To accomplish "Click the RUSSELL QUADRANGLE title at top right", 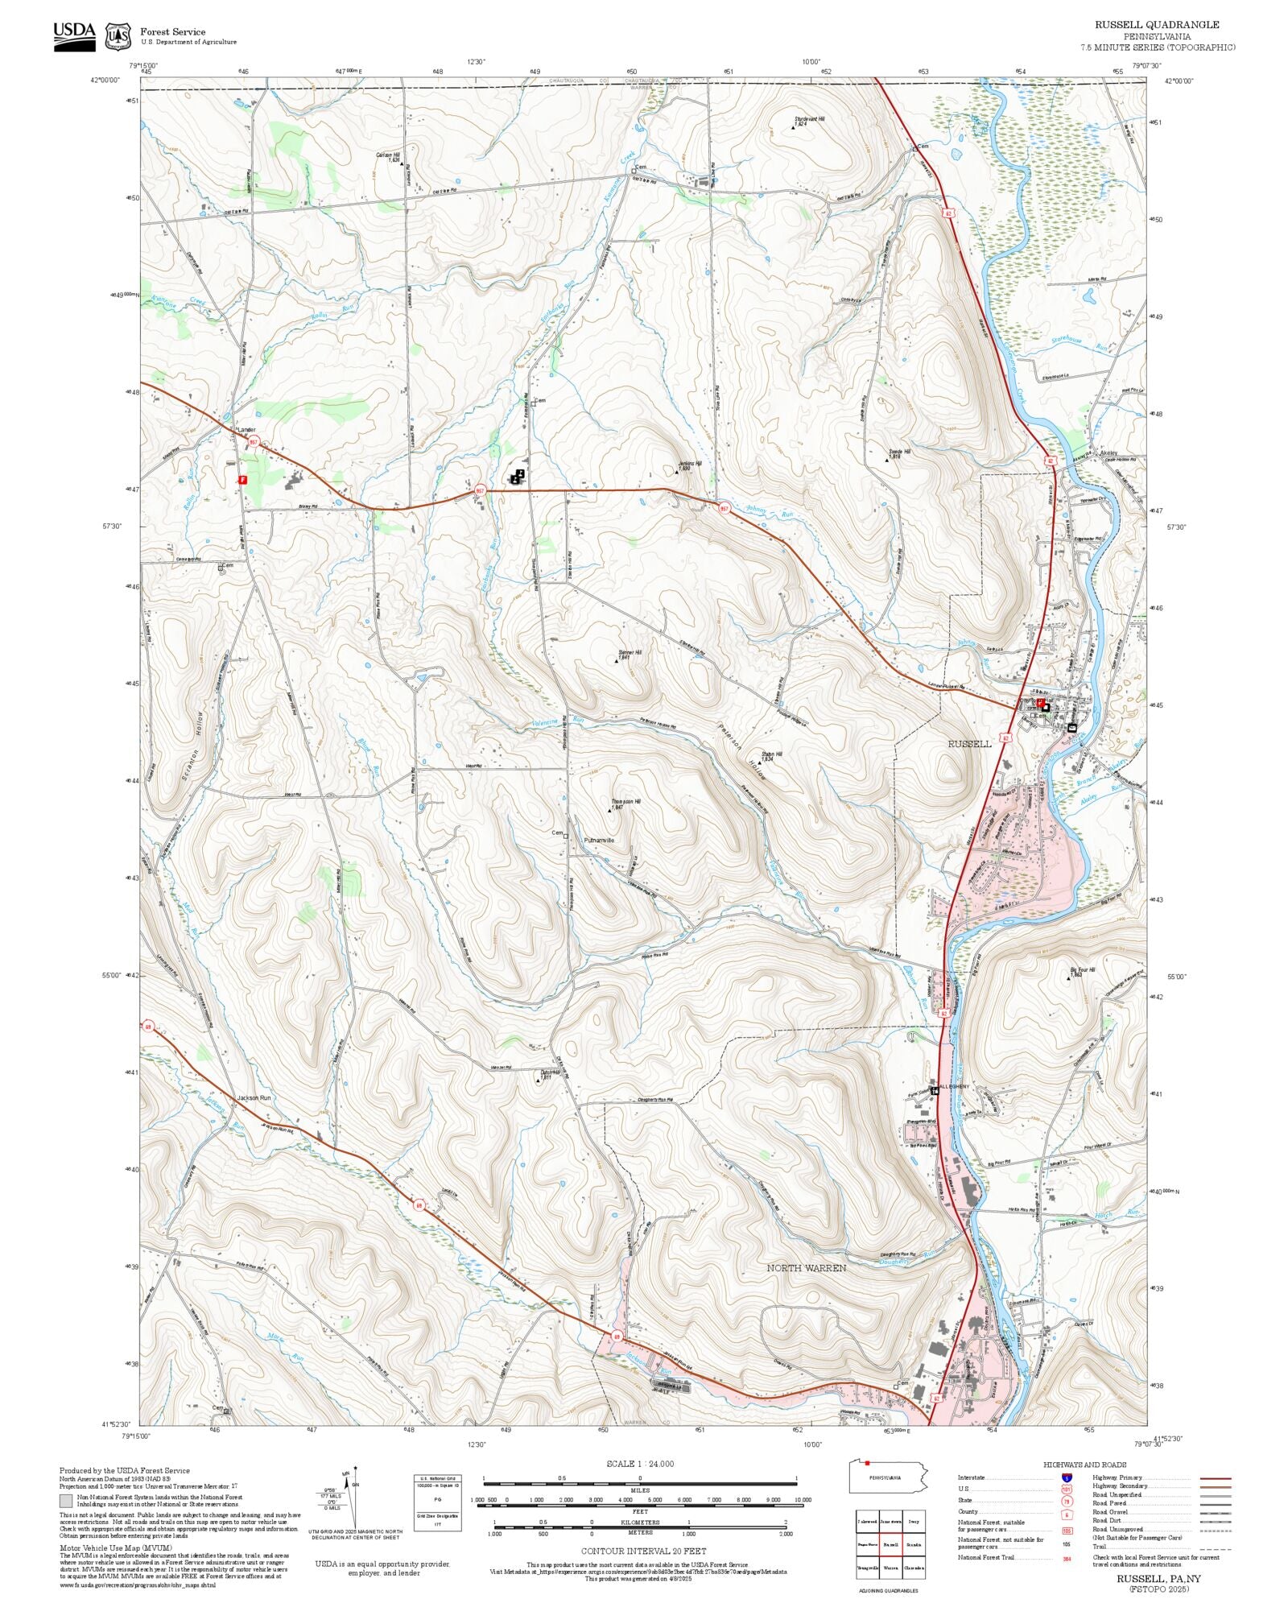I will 1156,25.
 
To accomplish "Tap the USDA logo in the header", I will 74,36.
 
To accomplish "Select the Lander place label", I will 246,430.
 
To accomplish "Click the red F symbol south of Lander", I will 242,479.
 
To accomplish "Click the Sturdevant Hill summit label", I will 809,119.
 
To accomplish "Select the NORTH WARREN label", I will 806,1267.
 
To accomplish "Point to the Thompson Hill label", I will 625,803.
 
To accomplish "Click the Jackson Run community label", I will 254,1098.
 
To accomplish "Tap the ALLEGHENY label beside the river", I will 956,1087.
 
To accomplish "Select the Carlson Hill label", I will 387,155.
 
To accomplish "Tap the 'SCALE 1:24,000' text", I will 640,1464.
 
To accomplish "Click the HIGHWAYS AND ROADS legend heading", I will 1084,1465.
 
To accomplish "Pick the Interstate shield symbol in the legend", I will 1067,1478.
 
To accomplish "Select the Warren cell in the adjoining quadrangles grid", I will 890,1568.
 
